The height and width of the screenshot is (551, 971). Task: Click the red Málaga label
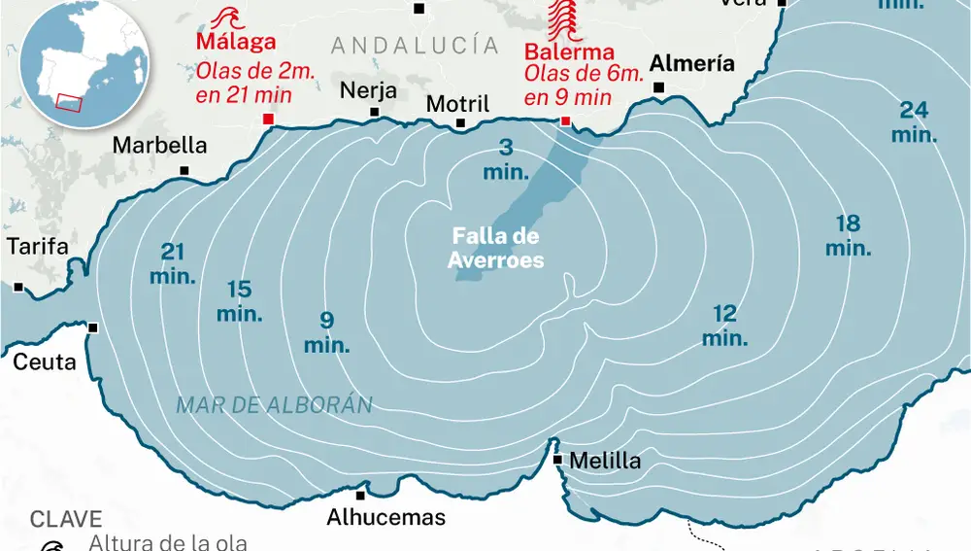[x=236, y=42]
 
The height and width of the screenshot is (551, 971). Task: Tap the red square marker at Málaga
[x=269, y=119]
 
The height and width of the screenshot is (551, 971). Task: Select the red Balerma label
[x=569, y=52]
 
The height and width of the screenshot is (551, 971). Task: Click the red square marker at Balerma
[x=566, y=121]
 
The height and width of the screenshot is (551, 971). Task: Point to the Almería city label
[x=691, y=64]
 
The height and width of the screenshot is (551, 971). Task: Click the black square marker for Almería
[x=659, y=88]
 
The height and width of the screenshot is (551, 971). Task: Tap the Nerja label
[x=368, y=90]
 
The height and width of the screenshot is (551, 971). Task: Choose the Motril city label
[x=458, y=103]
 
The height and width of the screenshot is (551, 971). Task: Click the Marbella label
[x=160, y=145]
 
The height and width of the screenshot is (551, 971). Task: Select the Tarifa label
[x=38, y=247]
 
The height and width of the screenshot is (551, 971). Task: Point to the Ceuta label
[x=44, y=362]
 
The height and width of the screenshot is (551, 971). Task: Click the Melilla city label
[x=606, y=461]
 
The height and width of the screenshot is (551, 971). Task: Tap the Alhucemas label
[x=385, y=517]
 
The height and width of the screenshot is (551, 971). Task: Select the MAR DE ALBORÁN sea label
[x=274, y=405]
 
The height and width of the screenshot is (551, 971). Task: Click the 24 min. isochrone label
[x=914, y=122]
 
